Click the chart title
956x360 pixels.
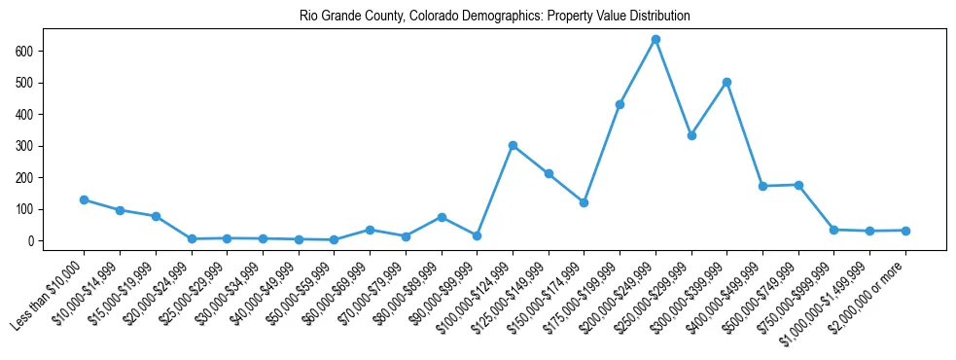pos(482,16)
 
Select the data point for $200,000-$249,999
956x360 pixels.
pos(655,40)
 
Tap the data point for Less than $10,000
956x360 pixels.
pos(84,199)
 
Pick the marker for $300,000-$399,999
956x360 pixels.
pos(726,82)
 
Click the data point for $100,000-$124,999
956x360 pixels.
pos(513,145)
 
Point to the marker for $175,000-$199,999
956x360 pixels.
pos(620,104)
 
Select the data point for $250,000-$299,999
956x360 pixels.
pos(691,135)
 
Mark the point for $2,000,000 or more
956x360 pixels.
pos(905,231)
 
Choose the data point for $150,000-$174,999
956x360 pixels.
pos(584,202)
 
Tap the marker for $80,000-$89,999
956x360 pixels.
pos(442,217)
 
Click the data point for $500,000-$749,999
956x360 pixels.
pos(798,185)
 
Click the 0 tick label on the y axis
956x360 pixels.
pos(31,240)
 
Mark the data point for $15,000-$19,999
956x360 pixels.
pos(156,216)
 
